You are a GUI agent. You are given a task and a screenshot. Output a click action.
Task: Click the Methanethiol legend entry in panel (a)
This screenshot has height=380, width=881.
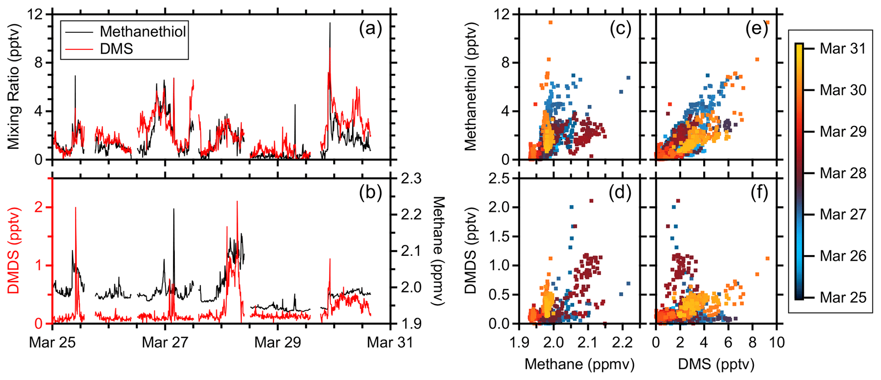(x=143, y=32)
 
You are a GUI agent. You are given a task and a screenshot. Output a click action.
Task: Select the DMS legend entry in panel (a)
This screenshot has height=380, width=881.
(x=116, y=49)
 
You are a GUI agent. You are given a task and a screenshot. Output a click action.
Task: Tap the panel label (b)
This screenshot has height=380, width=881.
(x=370, y=192)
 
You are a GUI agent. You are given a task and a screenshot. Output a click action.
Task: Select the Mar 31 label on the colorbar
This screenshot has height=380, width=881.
(x=843, y=49)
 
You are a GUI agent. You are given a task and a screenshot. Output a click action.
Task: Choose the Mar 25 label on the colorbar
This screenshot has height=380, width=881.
(x=843, y=297)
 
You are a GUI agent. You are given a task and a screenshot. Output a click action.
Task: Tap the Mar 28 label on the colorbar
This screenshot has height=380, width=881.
(x=843, y=173)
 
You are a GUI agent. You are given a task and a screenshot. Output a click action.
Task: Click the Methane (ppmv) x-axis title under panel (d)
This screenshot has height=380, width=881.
(x=579, y=364)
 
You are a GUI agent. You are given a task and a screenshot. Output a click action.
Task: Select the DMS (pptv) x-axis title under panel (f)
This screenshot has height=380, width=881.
(x=716, y=364)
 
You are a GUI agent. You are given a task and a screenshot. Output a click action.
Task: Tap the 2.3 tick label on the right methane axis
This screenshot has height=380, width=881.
(x=411, y=178)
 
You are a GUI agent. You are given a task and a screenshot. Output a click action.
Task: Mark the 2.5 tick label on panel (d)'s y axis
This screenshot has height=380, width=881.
(x=500, y=178)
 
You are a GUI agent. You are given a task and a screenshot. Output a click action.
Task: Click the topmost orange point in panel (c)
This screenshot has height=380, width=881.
(x=550, y=22)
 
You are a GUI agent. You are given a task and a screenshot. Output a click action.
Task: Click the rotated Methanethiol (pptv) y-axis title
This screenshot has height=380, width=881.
(x=470, y=86)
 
